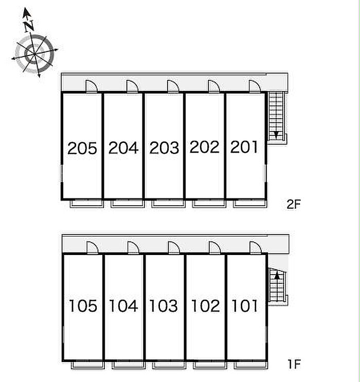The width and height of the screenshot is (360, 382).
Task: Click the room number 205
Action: point(82,148)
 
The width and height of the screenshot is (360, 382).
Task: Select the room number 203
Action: point(164,148)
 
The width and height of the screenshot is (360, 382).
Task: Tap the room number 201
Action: point(244,147)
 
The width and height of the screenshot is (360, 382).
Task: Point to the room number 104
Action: point(123,306)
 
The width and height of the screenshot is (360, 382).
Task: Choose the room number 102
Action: point(206,306)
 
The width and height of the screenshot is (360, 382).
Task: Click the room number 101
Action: point(245,306)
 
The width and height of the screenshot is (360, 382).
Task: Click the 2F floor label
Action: point(294,204)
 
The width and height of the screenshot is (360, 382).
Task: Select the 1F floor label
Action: point(294,364)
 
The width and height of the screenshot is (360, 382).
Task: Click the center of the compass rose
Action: point(34,54)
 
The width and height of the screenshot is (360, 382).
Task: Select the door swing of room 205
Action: point(92,86)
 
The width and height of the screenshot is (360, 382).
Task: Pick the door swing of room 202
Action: point(214,86)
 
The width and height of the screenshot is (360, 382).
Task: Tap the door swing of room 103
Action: point(174,248)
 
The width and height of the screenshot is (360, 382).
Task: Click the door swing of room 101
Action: point(256,248)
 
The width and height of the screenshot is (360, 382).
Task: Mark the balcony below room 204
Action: point(127,204)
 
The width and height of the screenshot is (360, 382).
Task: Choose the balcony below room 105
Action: point(88,365)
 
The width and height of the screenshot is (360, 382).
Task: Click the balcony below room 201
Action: point(250,204)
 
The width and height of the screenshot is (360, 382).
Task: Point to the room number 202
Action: point(204,147)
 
